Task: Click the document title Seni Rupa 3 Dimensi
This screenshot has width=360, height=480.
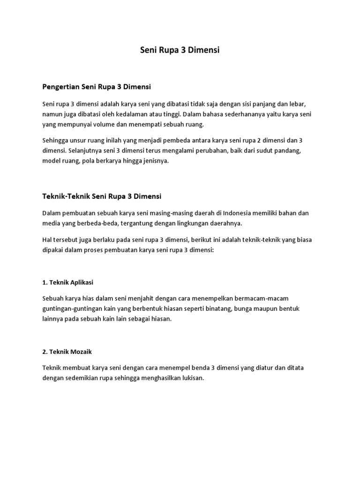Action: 180,50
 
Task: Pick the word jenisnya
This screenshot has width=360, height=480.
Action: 154,160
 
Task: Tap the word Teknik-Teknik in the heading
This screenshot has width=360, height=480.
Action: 65,196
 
